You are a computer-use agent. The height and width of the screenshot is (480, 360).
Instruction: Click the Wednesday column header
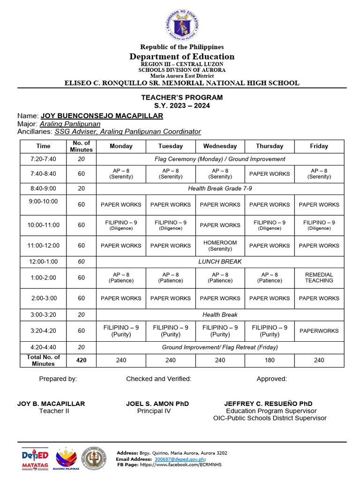coord(220,146)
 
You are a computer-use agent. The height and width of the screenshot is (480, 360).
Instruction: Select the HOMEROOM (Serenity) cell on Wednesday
coord(220,246)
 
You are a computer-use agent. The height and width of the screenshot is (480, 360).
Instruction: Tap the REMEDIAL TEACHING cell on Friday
coord(319,277)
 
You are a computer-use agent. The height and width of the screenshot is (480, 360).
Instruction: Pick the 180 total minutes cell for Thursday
coord(270,360)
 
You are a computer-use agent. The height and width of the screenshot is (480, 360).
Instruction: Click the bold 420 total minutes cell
coord(81,360)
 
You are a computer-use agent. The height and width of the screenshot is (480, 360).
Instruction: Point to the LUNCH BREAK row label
coord(220,262)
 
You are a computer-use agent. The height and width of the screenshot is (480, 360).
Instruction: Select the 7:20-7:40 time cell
coord(44,159)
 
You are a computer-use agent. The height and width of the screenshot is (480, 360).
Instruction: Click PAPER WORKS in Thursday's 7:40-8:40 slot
coord(270,174)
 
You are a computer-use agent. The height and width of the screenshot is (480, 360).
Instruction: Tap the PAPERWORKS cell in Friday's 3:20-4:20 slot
coord(319,331)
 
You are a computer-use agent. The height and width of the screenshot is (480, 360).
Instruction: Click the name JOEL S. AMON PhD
coord(157,404)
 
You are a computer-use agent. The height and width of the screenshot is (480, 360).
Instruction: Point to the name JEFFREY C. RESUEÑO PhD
coord(268,404)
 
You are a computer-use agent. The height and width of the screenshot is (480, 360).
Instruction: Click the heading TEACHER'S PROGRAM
coord(182,97)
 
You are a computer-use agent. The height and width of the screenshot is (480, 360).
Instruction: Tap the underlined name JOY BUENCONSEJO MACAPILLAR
coord(102,116)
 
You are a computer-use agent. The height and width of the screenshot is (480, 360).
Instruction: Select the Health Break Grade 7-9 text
coord(220,188)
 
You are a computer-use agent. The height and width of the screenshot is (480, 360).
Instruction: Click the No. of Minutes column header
coord(81,146)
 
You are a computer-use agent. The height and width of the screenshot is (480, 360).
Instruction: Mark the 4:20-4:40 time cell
coord(44,347)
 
